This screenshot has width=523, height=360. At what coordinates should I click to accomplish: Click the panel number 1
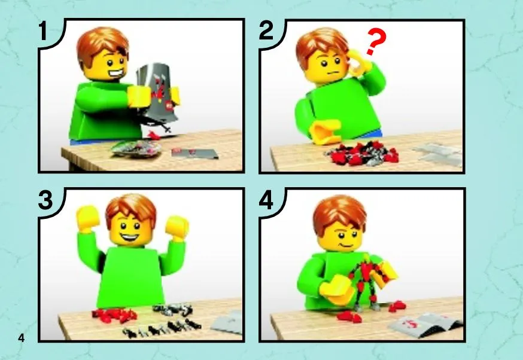pos(43,31)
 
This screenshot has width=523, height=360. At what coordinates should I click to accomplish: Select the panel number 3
pos(45,200)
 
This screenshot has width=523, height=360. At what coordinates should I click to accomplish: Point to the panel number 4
pos(266,200)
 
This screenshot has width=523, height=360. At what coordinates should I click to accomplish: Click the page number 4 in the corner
pos(22,338)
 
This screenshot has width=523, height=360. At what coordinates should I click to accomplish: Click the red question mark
pos(376,41)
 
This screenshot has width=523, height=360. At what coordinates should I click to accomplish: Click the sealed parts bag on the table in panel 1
pos(137,148)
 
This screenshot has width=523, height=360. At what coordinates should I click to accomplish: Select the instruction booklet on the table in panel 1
pos(195,153)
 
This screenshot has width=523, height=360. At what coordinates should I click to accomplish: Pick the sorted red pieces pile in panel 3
pos(114,315)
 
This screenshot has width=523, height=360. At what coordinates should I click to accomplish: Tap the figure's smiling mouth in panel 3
pos(129,237)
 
